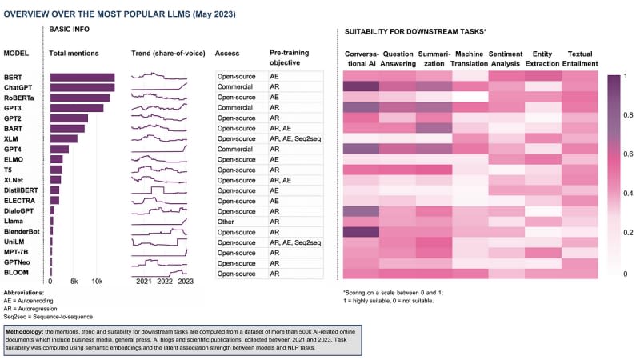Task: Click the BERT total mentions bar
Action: click(82, 77)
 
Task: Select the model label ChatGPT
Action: click(18, 86)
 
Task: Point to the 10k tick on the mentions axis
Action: click(97, 282)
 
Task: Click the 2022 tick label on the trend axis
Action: click(165, 282)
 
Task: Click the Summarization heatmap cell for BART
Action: click(434, 128)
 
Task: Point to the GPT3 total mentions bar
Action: click(76, 107)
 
